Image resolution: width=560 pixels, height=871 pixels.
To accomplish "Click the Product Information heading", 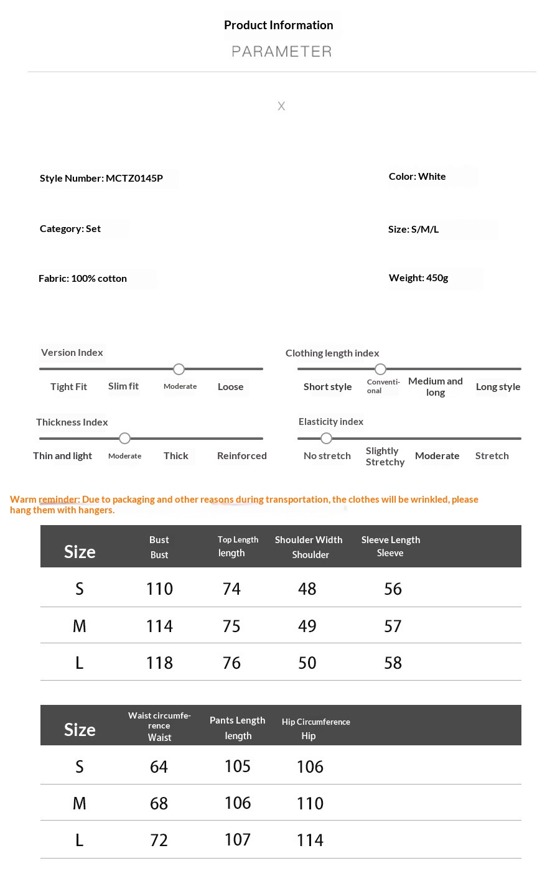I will click(x=278, y=25).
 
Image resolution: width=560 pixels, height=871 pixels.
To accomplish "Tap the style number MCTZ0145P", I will click(x=134, y=178).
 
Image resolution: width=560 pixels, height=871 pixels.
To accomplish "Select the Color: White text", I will click(x=417, y=177).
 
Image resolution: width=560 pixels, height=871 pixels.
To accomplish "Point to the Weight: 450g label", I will click(x=418, y=277).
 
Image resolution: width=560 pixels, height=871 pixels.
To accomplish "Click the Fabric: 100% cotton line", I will click(x=83, y=278).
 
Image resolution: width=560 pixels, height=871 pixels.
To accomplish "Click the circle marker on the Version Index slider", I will click(x=179, y=369).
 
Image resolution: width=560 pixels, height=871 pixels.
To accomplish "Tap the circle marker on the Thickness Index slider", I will click(x=124, y=439).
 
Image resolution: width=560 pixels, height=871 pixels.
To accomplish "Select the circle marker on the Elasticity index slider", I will click(x=326, y=439).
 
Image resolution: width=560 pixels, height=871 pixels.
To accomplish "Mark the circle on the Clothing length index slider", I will click(x=381, y=369).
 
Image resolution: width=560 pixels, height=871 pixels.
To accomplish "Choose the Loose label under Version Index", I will click(x=230, y=386).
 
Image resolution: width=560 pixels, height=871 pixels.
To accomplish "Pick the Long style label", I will click(x=498, y=386).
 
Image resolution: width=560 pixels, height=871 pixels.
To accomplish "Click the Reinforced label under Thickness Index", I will click(x=241, y=455).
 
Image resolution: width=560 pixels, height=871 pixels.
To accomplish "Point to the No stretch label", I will click(x=327, y=455).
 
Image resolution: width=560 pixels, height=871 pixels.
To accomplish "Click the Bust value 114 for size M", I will click(x=159, y=626).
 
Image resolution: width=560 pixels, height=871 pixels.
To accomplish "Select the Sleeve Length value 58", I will click(x=393, y=663).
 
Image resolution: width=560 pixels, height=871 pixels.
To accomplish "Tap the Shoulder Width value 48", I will click(x=307, y=589).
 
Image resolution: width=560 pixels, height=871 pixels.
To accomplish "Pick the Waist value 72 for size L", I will click(x=159, y=840).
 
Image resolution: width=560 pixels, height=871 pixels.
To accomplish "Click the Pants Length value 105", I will click(x=238, y=766).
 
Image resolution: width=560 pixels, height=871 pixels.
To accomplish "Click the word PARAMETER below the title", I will click(x=282, y=52).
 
